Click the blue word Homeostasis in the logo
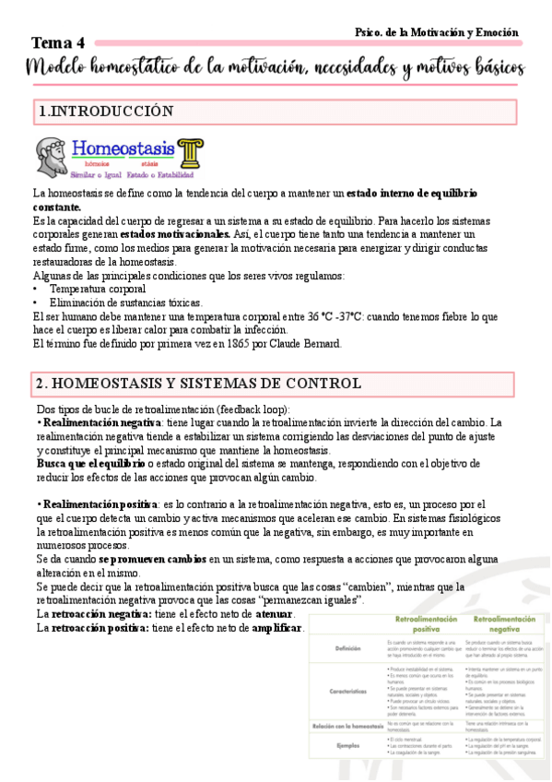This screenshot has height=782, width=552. point(123,148)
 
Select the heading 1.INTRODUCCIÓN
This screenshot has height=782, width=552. point(107,112)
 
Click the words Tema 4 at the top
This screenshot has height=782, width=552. point(58,43)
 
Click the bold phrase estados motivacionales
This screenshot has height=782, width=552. point(175,234)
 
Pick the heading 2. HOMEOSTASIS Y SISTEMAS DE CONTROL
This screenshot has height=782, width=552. point(198,384)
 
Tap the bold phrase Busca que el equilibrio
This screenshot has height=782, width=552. point(84,463)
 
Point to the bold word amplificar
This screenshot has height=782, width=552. point(276,628)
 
